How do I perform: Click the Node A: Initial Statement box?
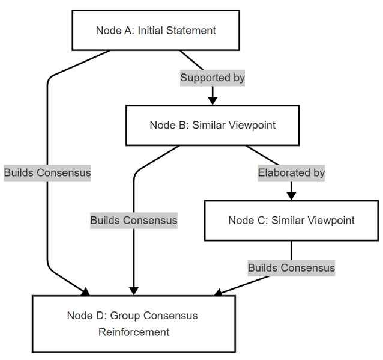point(156,31)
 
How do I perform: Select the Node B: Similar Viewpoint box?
point(213,126)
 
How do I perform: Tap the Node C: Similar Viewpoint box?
point(291,221)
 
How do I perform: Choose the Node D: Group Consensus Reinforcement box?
point(134,324)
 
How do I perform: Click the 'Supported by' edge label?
point(213,78)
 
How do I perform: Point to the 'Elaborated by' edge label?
point(291,173)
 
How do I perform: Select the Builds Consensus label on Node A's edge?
point(47,173)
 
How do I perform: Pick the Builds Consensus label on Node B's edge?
point(134,221)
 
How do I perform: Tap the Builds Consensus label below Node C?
point(291,268)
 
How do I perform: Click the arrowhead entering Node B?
point(213,101)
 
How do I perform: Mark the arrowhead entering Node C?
point(291,196)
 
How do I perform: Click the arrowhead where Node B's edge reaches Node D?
point(134,291)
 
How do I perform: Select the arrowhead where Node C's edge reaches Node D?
point(218,293)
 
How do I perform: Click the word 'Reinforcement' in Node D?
point(134,332)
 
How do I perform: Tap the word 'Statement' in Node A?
point(191,31)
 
